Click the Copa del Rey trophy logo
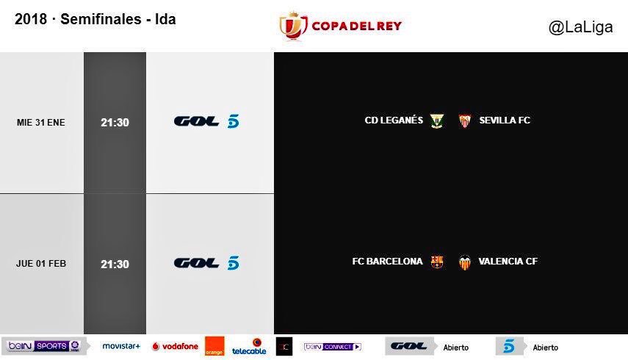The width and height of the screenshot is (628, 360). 293,26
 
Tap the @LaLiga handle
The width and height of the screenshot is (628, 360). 580,27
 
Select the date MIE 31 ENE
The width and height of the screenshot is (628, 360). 41,123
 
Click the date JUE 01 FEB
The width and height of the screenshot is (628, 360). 41,264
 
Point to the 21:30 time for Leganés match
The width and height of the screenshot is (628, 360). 115,123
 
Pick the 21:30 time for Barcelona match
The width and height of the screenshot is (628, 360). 115,264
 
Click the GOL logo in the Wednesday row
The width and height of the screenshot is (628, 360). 196,121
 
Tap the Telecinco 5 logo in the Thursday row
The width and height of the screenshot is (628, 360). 233,263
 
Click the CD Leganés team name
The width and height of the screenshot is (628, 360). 394,120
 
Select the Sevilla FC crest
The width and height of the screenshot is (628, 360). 465,120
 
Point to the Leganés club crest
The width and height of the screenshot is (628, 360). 437,120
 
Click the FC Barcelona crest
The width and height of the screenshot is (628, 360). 437,262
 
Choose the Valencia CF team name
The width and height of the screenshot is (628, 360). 508,262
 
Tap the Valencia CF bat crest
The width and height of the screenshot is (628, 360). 465,262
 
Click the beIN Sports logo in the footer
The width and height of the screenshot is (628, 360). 45,346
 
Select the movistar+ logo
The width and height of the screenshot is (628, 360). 121,346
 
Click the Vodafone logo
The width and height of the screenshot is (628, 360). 175,346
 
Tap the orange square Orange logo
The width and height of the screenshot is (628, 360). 214,346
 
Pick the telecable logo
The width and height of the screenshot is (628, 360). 249,347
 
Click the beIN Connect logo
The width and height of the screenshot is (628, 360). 333,347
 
